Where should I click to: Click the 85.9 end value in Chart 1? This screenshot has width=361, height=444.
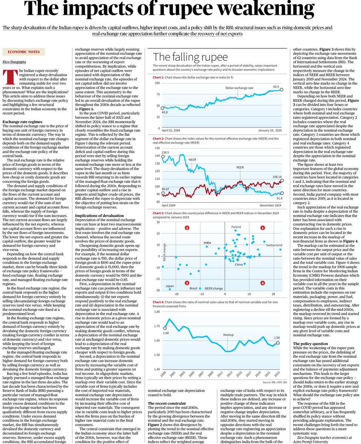point(276,87)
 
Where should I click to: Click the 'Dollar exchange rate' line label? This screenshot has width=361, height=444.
point(239,88)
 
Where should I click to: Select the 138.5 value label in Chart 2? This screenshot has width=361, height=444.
point(165,152)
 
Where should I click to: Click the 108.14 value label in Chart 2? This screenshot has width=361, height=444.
point(276,177)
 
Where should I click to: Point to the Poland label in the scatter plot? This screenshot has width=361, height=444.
point(236,227)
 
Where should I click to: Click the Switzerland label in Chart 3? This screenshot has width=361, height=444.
point(274,245)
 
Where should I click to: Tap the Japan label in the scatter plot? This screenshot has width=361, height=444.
point(169,286)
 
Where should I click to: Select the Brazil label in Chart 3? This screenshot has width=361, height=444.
point(193,288)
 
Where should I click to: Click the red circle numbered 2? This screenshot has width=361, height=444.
point(187,228)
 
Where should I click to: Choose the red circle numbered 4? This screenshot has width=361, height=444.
point(262,283)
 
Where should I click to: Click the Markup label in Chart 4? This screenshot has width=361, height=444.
point(229,335)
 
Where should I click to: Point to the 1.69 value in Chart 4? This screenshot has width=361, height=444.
point(166,333)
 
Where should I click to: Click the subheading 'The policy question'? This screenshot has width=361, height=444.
point(310,344)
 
